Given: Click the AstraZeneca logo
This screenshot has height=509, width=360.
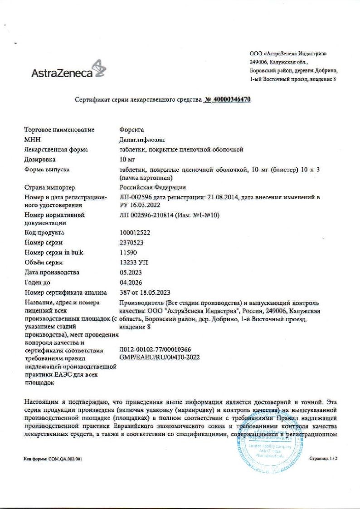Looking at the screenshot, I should [x=68, y=70].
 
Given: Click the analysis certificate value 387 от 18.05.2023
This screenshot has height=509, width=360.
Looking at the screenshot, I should [x=146, y=292].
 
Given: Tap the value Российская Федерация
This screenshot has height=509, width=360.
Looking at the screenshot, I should [x=152, y=187].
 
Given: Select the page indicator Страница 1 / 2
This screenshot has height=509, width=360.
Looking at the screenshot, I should [x=324, y=459].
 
